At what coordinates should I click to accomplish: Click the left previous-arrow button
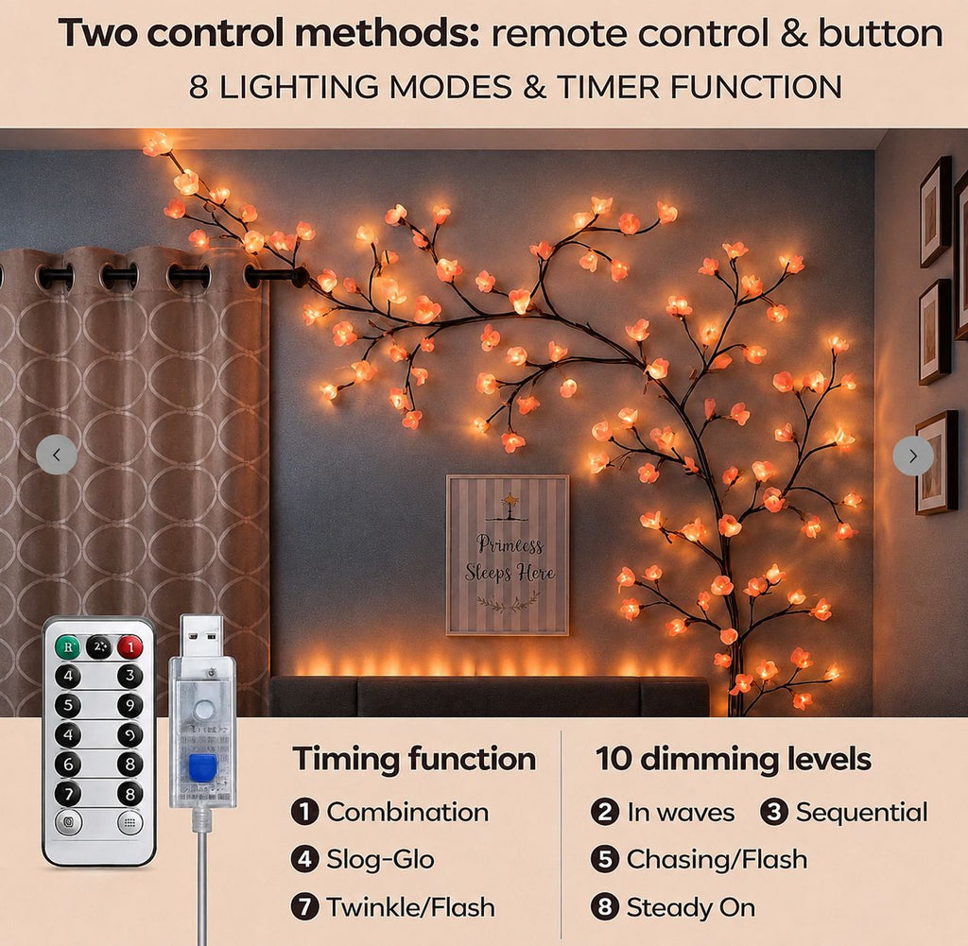point(57,455)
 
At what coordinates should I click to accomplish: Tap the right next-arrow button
point(913,456)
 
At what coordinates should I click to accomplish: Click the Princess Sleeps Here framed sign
point(508,555)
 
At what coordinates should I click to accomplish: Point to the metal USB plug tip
point(202,636)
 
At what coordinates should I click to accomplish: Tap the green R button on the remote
point(67,646)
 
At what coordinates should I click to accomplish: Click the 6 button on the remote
point(68,764)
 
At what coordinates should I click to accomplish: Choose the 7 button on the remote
point(68,793)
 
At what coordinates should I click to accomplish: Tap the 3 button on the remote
point(130,676)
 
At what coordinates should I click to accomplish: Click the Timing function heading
point(414,759)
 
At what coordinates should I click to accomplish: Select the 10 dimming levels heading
point(734,759)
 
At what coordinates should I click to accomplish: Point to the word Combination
point(407,812)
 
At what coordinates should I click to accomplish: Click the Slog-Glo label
point(380,860)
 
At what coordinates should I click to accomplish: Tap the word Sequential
point(862,813)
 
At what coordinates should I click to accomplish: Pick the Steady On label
point(691,908)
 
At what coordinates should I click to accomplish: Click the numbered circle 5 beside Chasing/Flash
point(604,859)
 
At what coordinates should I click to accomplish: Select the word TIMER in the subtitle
point(608,87)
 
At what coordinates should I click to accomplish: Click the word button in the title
point(881,33)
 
